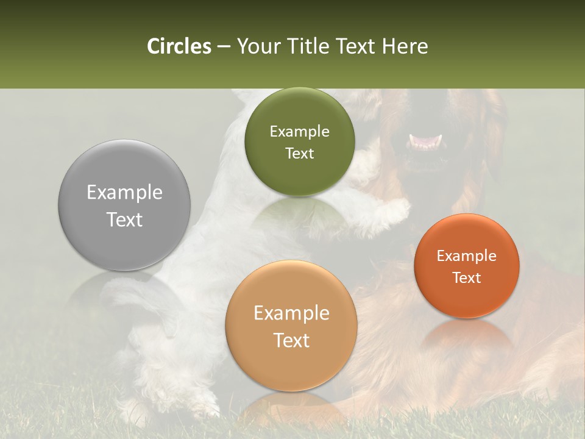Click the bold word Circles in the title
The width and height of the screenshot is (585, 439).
coord(179,46)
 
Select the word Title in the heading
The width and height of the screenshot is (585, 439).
coord(307,46)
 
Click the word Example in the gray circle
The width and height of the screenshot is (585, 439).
coord(124,193)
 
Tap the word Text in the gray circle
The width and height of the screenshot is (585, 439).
coord(124,220)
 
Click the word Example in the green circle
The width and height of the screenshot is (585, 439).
coord(299,132)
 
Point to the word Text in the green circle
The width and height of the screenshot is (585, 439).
coord(299,153)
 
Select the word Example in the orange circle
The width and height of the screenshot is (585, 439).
coord(467,256)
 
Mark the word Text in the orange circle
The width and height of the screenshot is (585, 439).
coord(467,277)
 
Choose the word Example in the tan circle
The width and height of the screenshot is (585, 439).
coord(291,313)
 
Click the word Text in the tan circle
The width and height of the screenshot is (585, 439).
coord(291,340)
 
